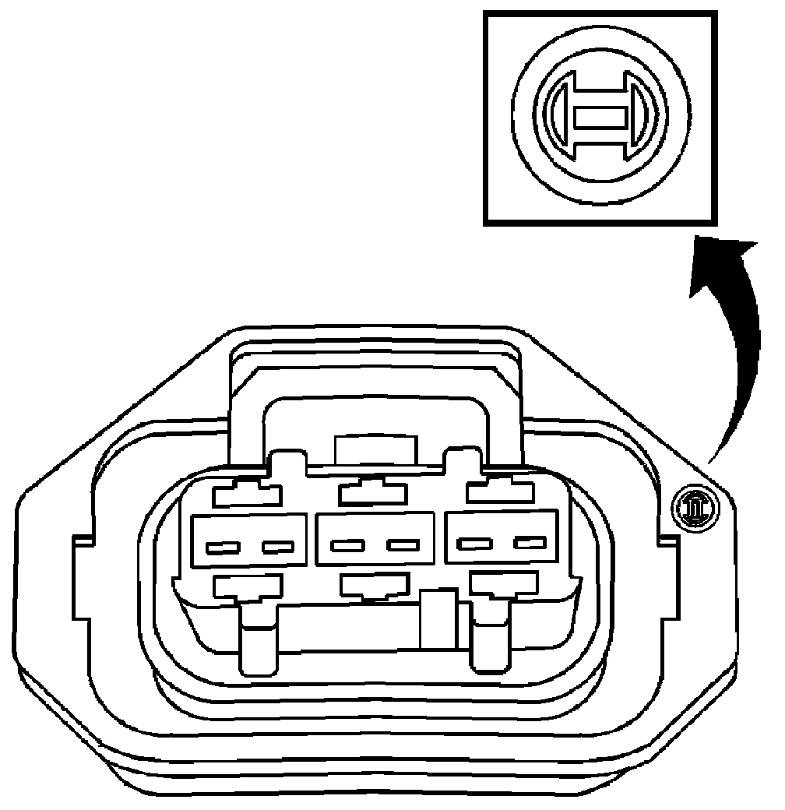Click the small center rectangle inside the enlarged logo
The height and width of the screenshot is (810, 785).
[x=599, y=119]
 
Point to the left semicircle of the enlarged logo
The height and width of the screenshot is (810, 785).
[x=556, y=119]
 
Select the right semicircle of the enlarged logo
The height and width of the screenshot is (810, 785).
[x=644, y=119]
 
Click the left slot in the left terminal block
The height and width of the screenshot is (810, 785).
[x=220, y=547]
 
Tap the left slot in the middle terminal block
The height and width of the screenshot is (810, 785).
[x=345, y=545]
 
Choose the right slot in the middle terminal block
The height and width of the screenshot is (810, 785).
[x=404, y=545]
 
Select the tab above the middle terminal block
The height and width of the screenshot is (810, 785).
[x=373, y=493]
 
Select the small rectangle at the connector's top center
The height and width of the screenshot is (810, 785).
[x=375, y=450]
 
